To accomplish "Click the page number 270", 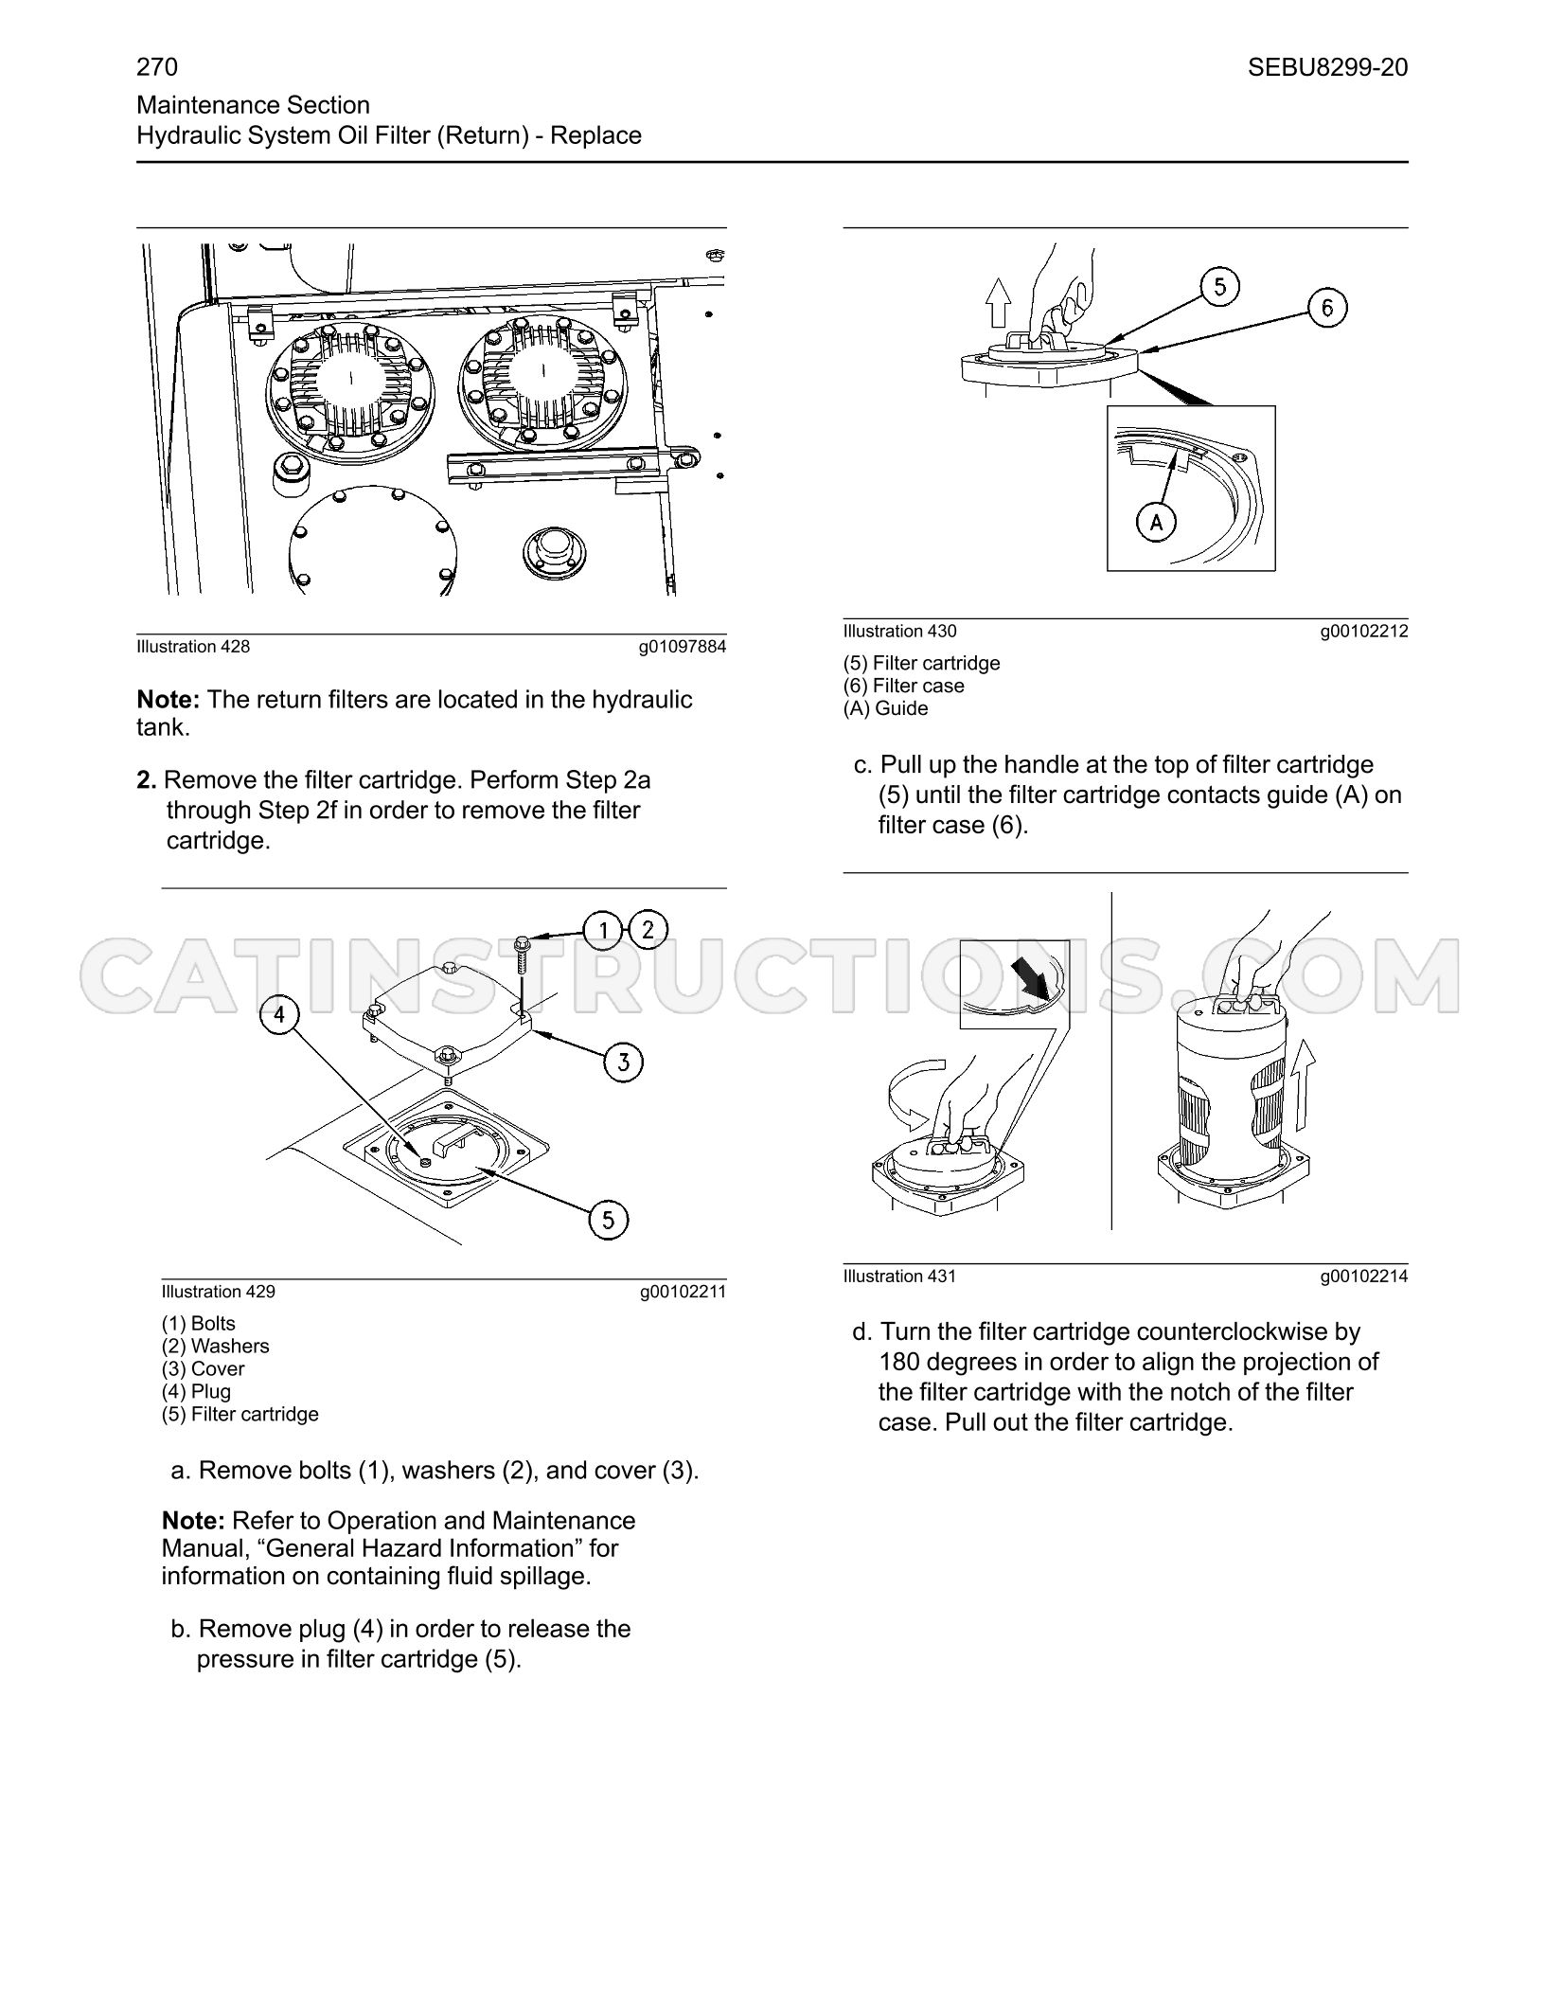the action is click(x=157, y=67).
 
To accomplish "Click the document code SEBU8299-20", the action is click(x=1327, y=67).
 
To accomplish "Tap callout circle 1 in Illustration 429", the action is click(x=603, y=930).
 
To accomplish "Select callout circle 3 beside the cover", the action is click(x=623, y=1062).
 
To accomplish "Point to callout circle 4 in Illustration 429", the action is click(x=279, y=1015).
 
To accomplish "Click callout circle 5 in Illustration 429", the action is click(x=609, y=1219).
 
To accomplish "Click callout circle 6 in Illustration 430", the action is click(x=1327, y=308).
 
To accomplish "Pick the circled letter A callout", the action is click(x=1156, y=521).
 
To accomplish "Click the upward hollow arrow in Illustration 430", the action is click(x=998, y=304).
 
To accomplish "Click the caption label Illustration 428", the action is click(x=193, y=647).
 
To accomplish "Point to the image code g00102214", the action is click(x=1364, y=1277).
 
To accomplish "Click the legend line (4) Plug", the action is click(x=196, y=1391).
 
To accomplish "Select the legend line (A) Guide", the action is click(x=885, y=708).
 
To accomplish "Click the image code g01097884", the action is click(x=683, y=647).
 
